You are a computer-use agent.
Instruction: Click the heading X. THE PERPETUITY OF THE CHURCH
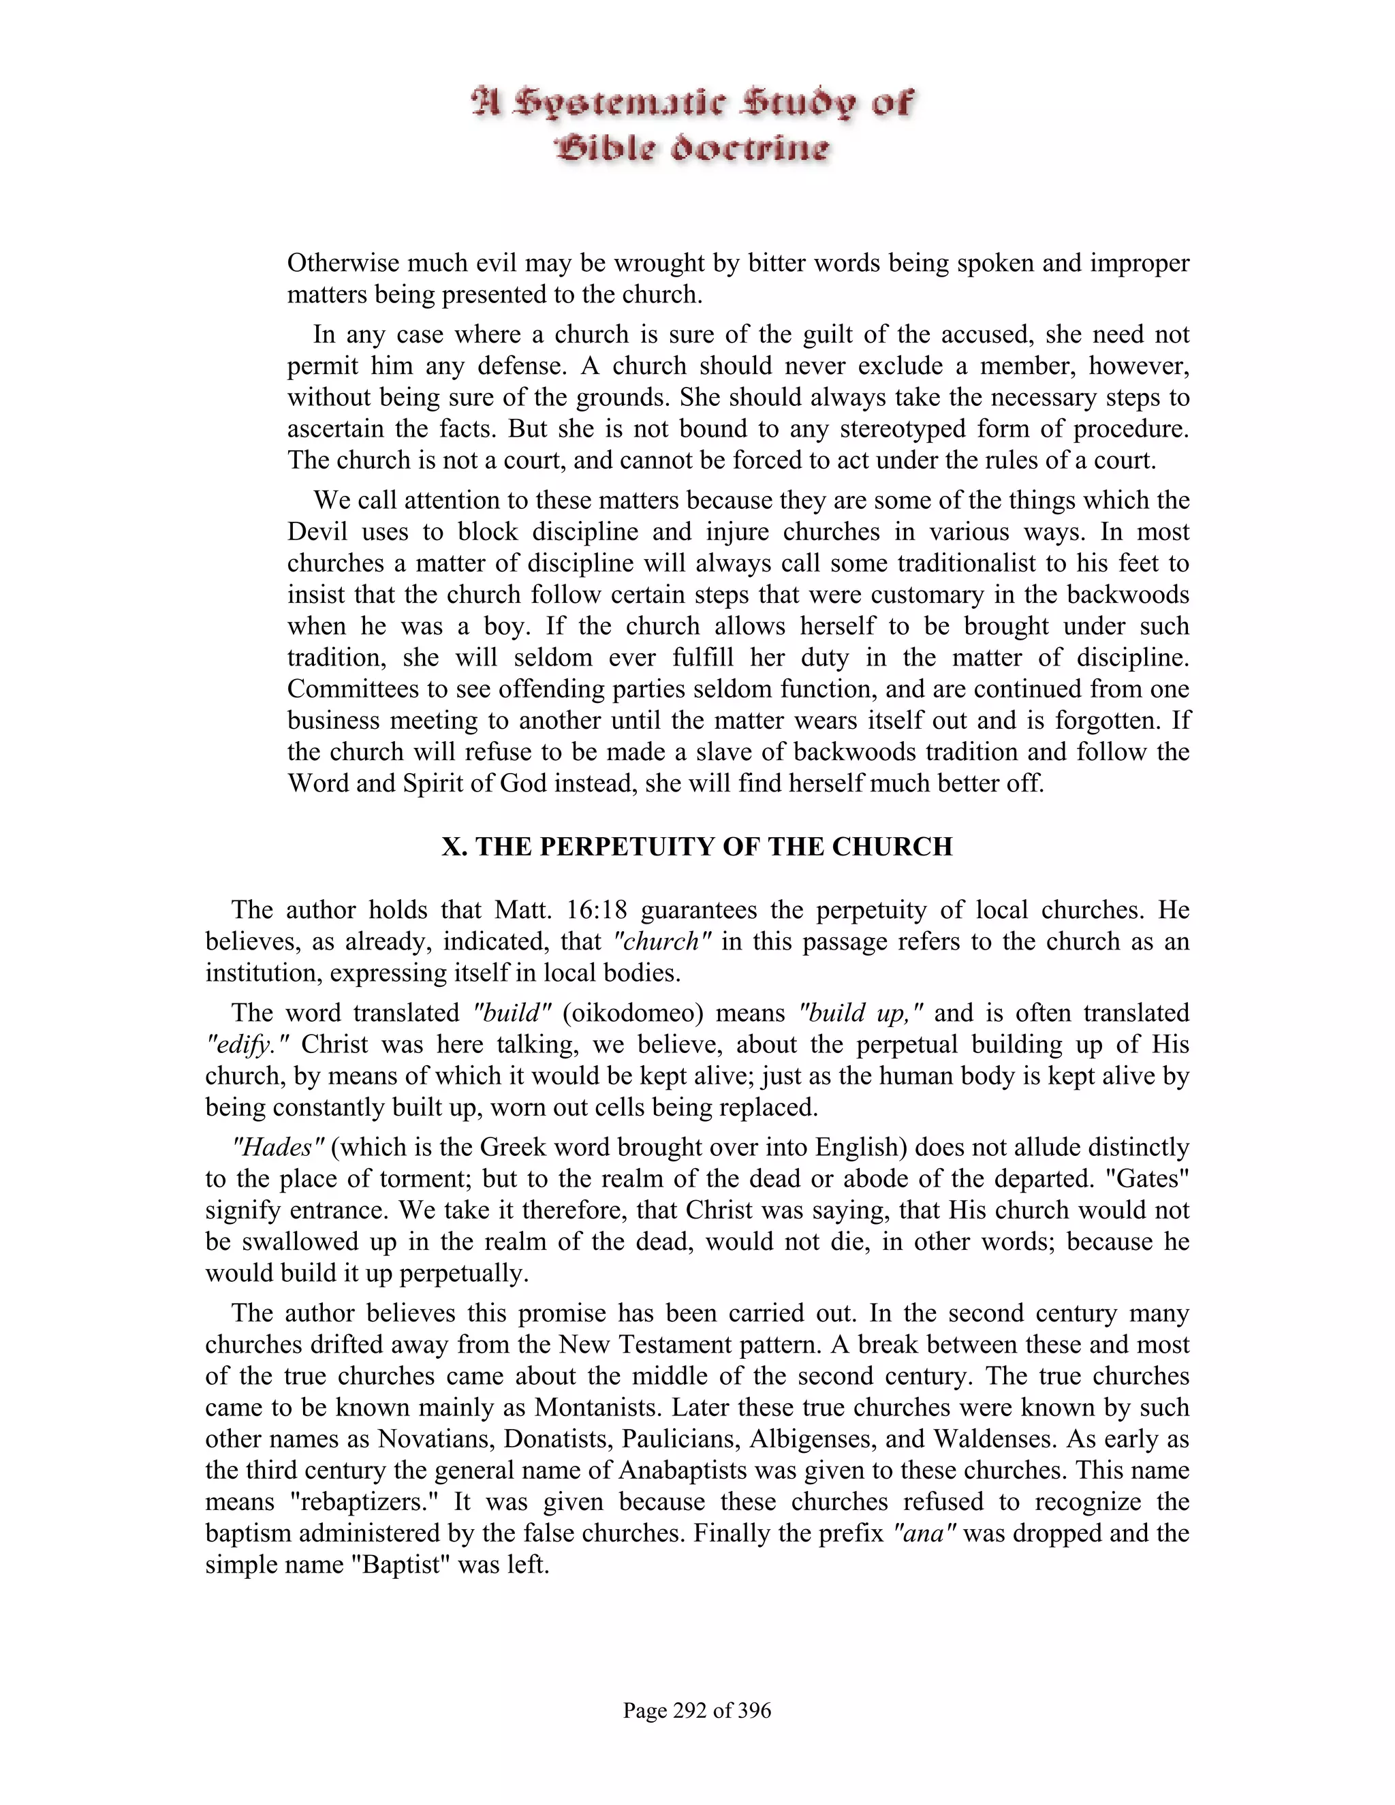click(697, 847)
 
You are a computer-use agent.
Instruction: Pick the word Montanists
click(605, 1407)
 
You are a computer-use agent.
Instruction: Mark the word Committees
click(356, 689)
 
